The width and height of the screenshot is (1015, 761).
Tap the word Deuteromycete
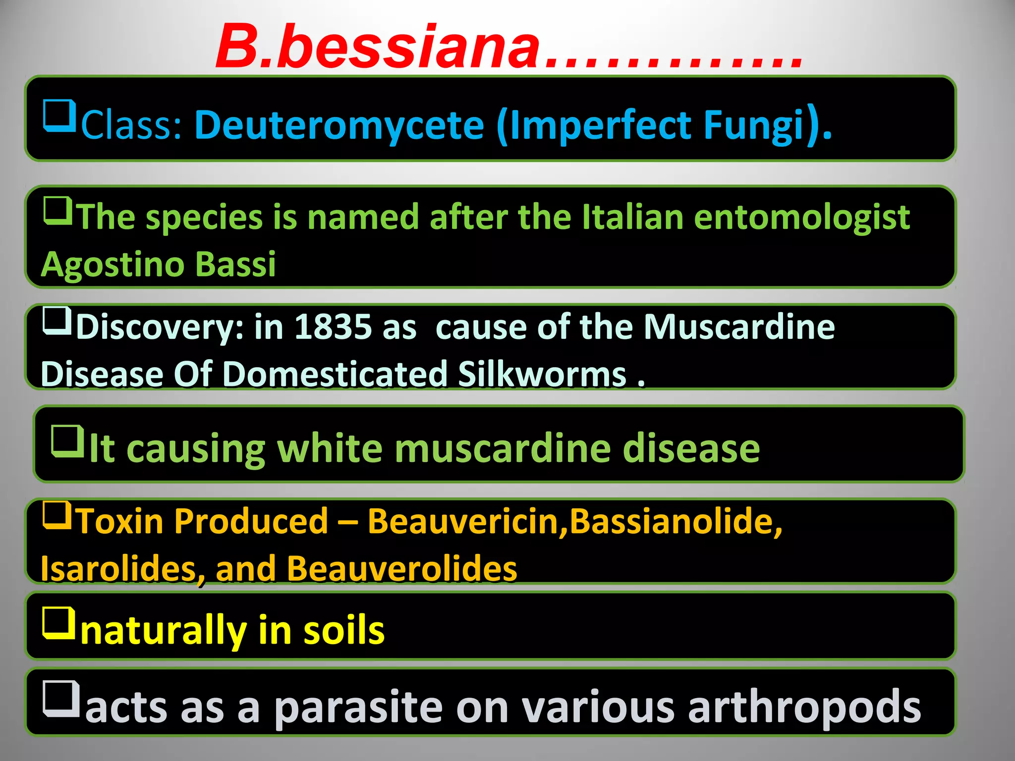point(339,125)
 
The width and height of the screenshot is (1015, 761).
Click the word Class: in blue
point(132,125)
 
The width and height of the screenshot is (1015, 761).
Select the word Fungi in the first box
point(753,125)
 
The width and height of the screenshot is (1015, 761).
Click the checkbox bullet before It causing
point(67,441)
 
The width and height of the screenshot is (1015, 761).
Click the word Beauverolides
point(402,569)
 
